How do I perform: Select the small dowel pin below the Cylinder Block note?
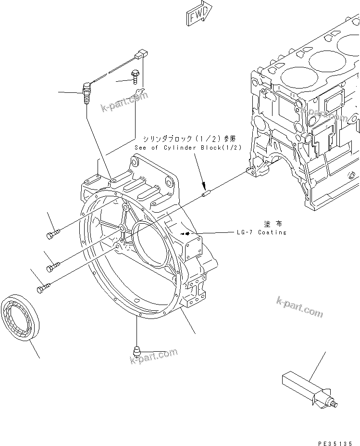tap(206, 193)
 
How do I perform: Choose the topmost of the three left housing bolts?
tap(53, 234)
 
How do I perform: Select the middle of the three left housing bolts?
tap(53, 265)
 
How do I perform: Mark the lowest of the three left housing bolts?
tap(42, 288)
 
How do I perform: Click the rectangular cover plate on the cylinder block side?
tap(336, 104)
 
